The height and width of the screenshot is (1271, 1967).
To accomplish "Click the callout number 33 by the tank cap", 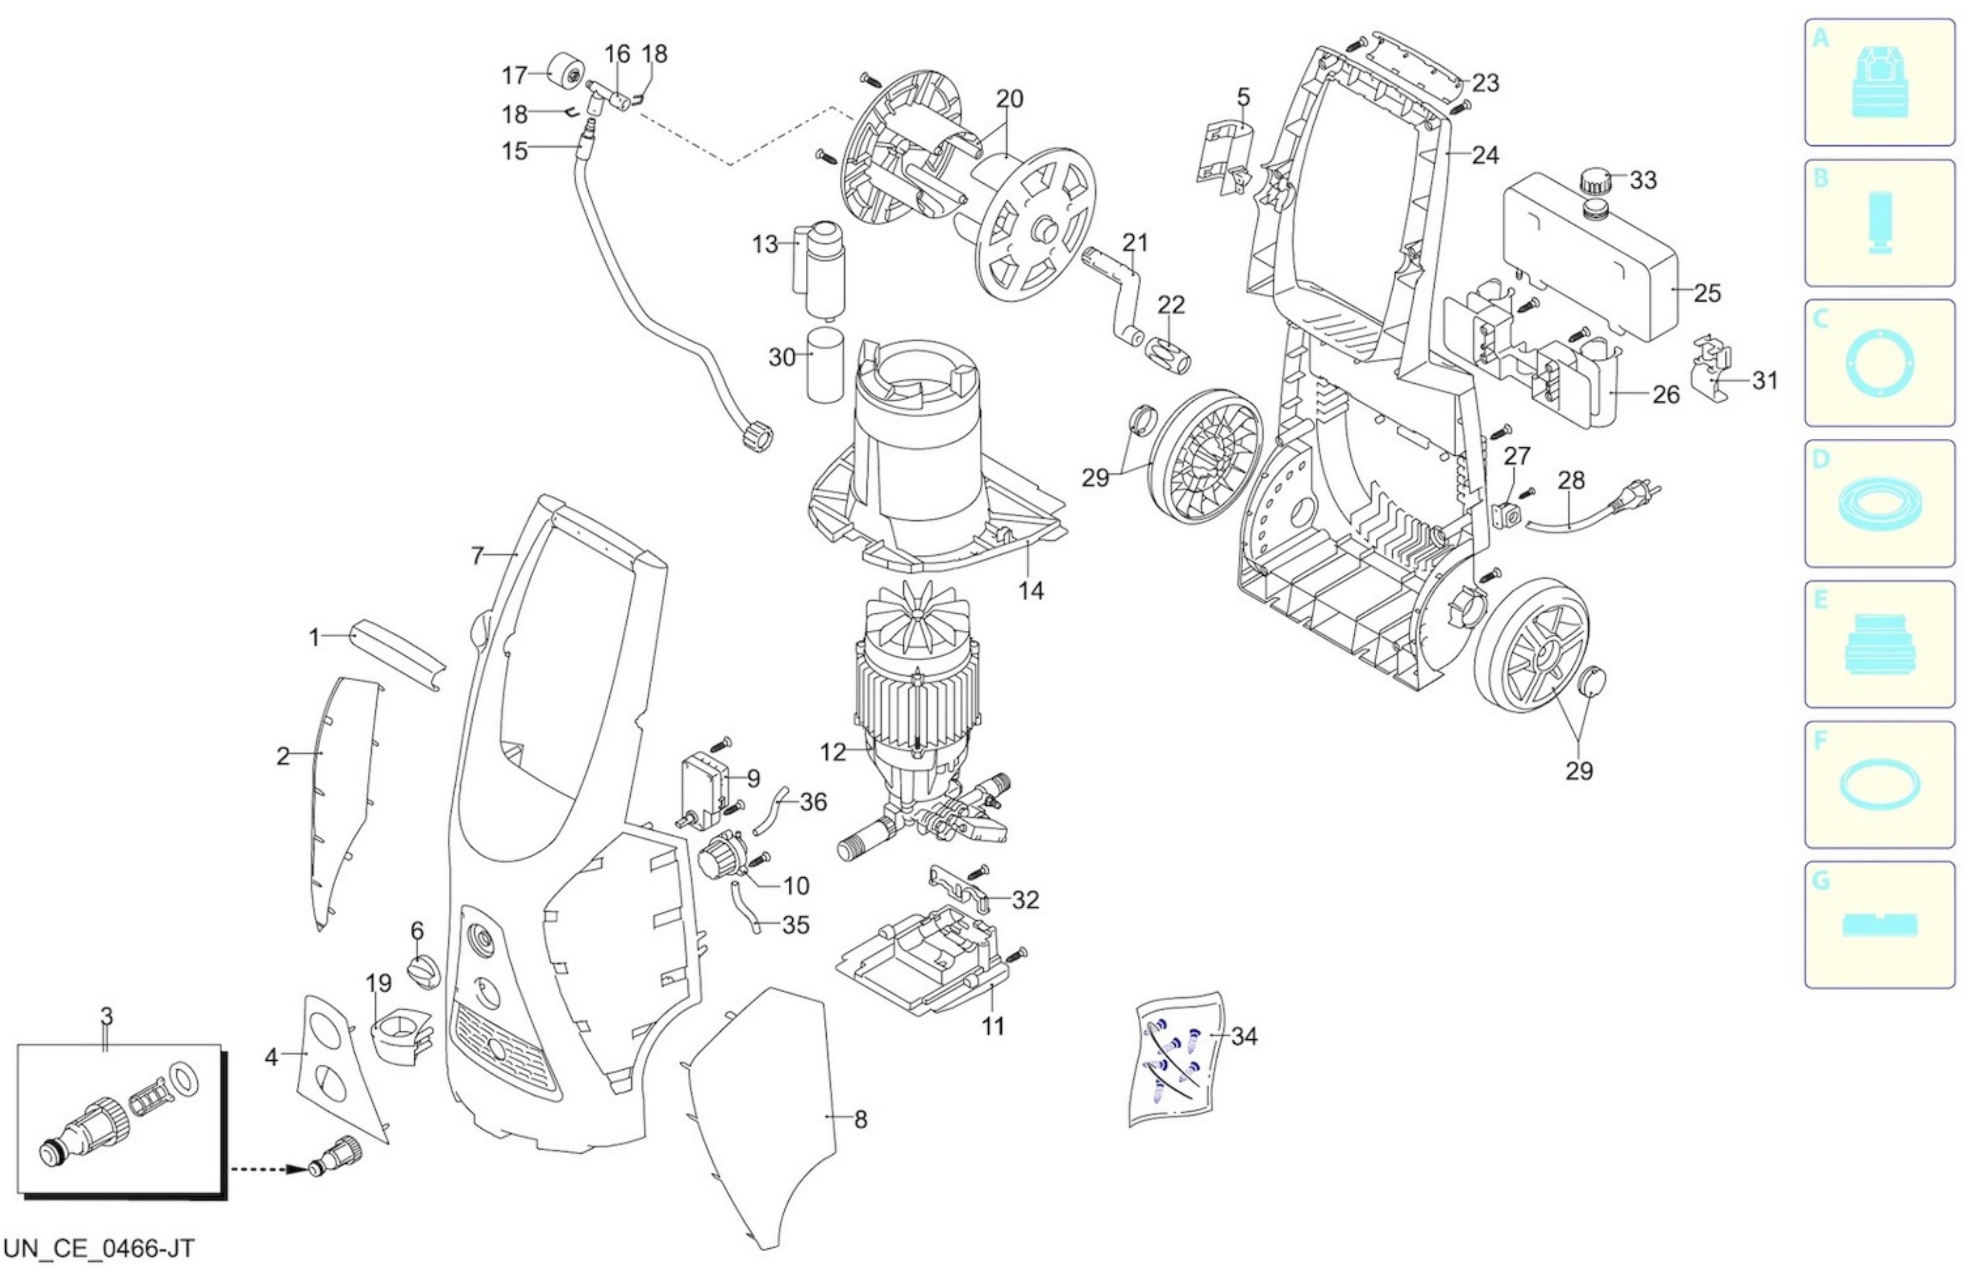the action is [x=1643, y=180].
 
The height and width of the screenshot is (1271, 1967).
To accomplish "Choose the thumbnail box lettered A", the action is [x=1880, y=82].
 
